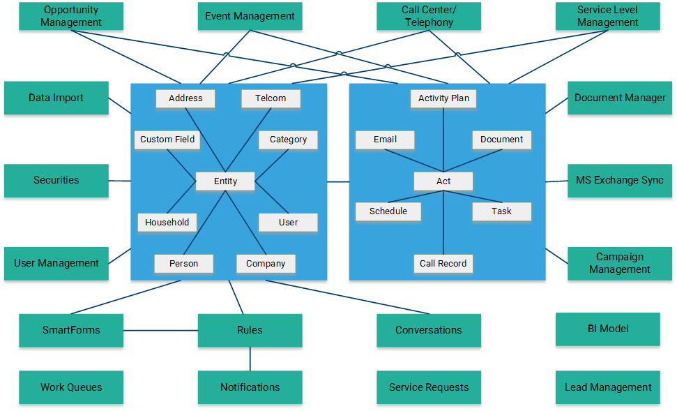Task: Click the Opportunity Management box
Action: (71, 16)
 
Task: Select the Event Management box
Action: (250, 16)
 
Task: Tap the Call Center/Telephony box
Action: (428, 16)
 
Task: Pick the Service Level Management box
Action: (607, 16)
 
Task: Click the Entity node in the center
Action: (225, 181)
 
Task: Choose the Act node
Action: (443, 181)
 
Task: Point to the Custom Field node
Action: (167, 140)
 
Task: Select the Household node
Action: (167, 223)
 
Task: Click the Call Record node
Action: (443, 264)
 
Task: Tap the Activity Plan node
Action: (443, 98)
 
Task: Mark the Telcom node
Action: (271, 98)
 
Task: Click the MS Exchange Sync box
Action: (619, 181)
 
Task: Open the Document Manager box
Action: (619, 98)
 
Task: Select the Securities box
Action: (56, 181)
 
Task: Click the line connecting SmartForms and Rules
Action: (160, 330)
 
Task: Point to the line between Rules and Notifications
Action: (250, 359)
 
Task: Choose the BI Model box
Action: (607, 329)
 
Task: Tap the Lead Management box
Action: (607, 387)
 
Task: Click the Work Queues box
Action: (71, 387)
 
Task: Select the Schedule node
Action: (388, 211)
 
